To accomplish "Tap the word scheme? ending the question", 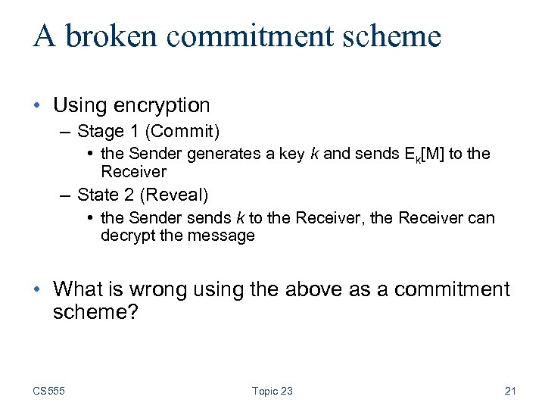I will [95, 311].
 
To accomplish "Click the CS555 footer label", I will [48, 391].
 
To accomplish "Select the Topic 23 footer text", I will [272, 391].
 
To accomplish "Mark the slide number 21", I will [509, 391].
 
